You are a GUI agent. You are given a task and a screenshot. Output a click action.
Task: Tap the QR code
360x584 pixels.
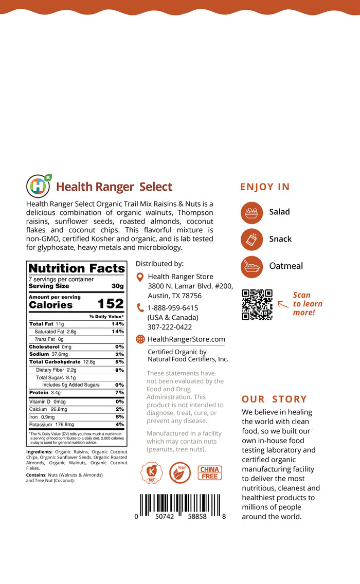click(257, 305)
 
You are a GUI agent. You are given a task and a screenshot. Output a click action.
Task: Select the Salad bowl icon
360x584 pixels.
click(251, 212)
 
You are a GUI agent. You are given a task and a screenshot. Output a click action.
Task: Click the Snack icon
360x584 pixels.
click(251, 239)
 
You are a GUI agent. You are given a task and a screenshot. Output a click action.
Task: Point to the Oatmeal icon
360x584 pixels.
click(251, 266)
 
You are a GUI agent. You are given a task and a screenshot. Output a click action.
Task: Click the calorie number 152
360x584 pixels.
click(111, 304)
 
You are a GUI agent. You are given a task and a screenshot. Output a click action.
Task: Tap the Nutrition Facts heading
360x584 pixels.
click(77, 268)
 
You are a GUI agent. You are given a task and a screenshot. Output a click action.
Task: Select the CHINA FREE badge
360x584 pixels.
click(209, 473)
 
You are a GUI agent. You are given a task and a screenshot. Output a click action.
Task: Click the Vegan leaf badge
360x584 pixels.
click(180, 473)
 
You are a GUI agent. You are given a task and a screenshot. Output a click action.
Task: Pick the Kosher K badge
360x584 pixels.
click(152, 473)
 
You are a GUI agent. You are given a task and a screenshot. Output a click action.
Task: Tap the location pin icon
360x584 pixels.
click(140, 277)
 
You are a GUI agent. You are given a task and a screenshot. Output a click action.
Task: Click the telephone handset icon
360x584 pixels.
click(140, 308)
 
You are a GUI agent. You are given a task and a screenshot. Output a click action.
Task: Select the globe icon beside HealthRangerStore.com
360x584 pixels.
click(140, 339)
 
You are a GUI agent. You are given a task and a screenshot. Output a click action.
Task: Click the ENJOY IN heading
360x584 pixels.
click(265, 187)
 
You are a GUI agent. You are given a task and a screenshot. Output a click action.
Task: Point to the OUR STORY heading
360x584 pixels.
click(274, 399)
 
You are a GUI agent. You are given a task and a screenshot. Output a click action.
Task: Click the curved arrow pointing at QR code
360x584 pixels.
click(282, 304)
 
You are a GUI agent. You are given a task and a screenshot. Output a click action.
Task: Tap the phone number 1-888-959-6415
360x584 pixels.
click(172, 308)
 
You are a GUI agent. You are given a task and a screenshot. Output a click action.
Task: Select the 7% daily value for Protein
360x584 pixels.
click(119, 393)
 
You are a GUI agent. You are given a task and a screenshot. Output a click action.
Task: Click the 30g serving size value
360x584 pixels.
click(118, 286)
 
